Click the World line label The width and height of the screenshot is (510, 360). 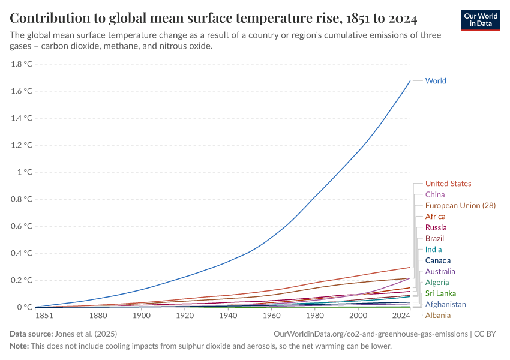pos(435,81)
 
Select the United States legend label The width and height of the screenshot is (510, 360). pos(448,184)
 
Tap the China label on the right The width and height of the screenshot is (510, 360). pos(434,194)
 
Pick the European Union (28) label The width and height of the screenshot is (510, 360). pos(460,205)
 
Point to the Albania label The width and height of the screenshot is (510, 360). pos(437,315)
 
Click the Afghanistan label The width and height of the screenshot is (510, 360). pos(445,304)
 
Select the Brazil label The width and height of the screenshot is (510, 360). pos(434,238)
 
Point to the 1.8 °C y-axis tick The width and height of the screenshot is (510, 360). pos(22,64)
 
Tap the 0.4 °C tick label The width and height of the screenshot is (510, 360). pos(22,253)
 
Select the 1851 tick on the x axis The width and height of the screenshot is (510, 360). pos(44,316)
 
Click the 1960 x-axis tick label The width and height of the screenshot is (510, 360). pos(272,316)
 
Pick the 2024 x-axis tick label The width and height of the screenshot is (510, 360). pos(401,316)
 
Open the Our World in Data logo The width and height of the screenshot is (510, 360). pos(481,20)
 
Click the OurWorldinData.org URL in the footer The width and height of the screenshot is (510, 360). pos(370,334)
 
